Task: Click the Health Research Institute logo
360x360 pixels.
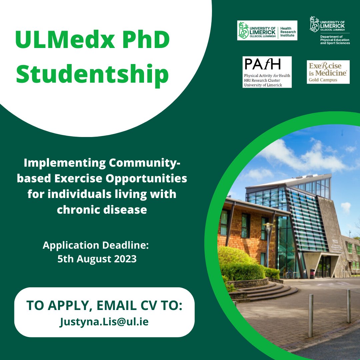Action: [x=267, y=30]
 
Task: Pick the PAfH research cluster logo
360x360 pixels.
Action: [x=267, y=72]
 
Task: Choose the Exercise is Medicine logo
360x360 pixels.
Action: [x=328, y=72]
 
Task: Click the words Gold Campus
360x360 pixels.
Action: [x=323, y=80]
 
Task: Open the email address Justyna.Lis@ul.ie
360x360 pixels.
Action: [x=104, y=322]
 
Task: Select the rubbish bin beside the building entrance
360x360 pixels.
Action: [x=312, y=273]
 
